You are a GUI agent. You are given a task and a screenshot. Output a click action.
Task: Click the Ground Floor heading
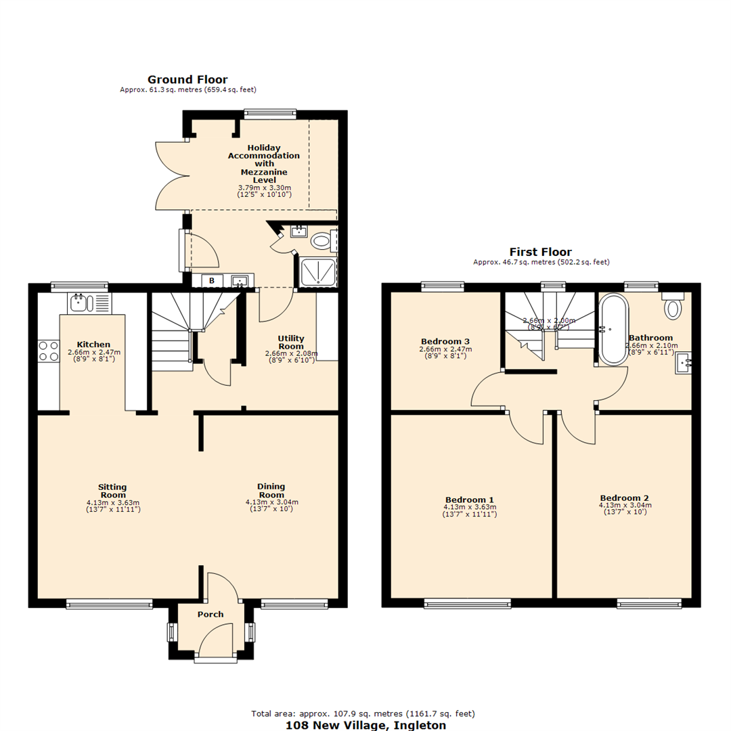[x=187, y=80]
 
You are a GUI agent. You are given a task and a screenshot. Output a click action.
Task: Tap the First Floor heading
[x=540, y=252]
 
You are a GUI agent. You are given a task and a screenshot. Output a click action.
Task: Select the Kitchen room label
[x=93, y=345]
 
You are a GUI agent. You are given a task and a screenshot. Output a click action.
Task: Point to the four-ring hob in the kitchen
[x=48, y=350]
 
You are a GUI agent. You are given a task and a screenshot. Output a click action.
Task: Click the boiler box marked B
[x=211, y=280]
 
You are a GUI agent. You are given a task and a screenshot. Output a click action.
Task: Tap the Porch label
[x=210, y=615]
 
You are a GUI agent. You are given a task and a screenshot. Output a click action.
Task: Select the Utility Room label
[x=291, y=342]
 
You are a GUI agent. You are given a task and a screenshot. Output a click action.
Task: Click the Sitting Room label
[x=112, y=491]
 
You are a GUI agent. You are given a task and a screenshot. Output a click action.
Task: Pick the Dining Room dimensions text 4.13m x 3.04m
[x=271, y=502]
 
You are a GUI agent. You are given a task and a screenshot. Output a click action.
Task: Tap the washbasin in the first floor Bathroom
[x=682, y=363]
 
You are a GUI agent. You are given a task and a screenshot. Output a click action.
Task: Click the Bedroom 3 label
[x=445, y=341]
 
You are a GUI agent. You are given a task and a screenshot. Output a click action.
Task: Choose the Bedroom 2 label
[x=624, y=497]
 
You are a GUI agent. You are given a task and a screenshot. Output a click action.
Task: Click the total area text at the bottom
[x=363, y=713]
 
